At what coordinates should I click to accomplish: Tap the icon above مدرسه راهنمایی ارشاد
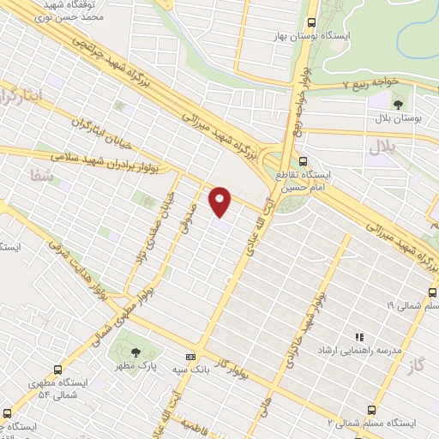point(359,338)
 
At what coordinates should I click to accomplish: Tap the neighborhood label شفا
point(41,174)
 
